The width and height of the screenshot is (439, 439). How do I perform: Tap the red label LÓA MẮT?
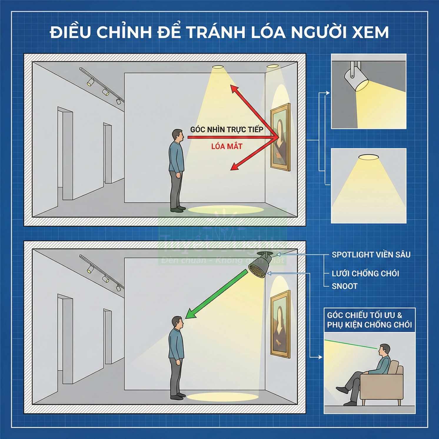click(x=227, y=146)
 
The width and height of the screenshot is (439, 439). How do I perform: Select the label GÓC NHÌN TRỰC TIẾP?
click(x=227, y=129)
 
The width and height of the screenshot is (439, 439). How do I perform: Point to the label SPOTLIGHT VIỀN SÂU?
click(x=371, y=255)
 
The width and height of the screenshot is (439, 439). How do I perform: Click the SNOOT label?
click(x=345, y=286)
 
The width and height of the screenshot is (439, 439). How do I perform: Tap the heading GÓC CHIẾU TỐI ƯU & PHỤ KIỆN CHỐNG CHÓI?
click(x=369, y=320)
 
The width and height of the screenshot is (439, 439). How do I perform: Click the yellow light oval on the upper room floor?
click(x=226, y=209)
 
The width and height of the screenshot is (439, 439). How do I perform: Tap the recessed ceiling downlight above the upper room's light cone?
click(x=217, y=67)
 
